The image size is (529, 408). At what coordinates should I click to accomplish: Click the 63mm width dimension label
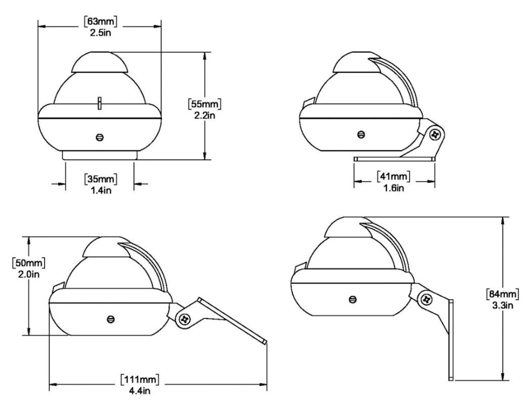point(100,21)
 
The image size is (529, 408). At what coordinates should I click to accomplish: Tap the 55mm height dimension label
point(205,103)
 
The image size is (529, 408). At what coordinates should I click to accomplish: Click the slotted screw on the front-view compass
point(100,138)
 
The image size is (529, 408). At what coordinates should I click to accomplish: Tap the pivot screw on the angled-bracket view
point(185,319)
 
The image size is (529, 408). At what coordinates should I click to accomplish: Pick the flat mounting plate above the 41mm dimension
point(394,159)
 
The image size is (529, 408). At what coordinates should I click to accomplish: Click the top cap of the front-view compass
point(100,62)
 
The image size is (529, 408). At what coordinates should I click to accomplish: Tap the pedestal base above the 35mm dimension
point(100,154)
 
